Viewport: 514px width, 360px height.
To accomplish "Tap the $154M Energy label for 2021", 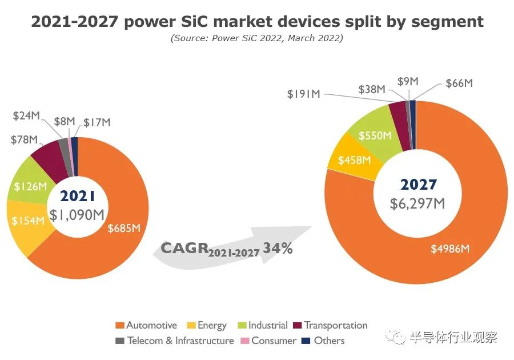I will point(26,221).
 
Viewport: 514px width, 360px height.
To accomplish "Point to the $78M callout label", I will point(24,139).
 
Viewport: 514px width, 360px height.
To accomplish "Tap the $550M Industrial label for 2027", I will point(375,135).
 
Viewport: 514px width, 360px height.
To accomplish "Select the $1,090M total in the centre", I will point(77,215).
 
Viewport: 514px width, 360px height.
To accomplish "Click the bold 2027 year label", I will point(419,185).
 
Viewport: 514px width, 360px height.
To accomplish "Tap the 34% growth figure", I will point(279,249).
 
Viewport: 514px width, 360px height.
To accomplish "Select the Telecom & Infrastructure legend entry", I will point(180,341).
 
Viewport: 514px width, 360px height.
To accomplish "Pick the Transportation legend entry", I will point(335,325).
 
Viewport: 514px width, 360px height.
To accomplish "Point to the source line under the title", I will point(256,38).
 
